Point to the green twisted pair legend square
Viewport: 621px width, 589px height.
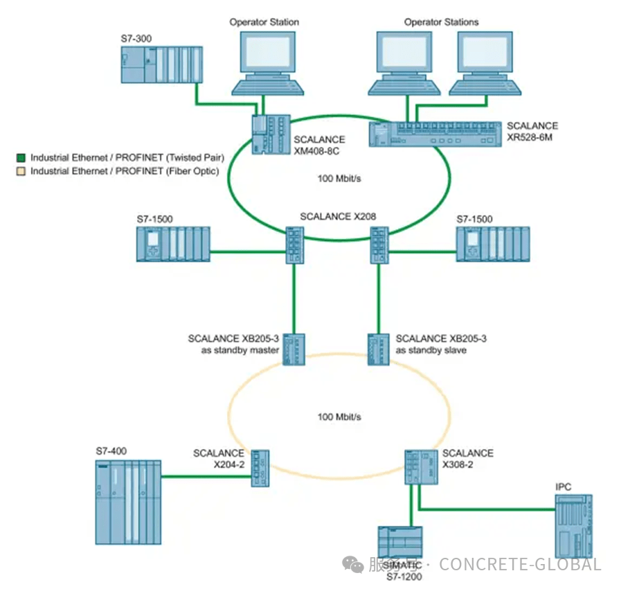(x=21, y=159)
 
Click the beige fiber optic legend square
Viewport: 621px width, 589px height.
(x=21, y=171)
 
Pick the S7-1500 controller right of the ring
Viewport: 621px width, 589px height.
(x=493, y=243)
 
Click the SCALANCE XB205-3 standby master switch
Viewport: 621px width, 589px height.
(x=294, y=349)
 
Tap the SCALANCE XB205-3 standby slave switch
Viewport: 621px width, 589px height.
(x=379, y=349)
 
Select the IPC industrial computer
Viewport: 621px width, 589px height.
(x=573, y=522)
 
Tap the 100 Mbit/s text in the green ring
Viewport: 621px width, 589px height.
(x=339, y=178)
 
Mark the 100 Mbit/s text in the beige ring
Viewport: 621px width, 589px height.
(x=339, y=417)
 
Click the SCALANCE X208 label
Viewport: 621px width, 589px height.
(x=338, y=217)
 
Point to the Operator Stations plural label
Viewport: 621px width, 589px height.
(x=442, y=22)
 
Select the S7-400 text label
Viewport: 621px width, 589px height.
(x=110, y=452)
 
